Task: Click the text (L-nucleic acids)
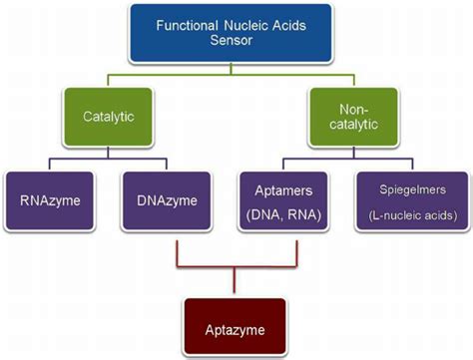(413, 213)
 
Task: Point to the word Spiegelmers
(413, 189)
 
